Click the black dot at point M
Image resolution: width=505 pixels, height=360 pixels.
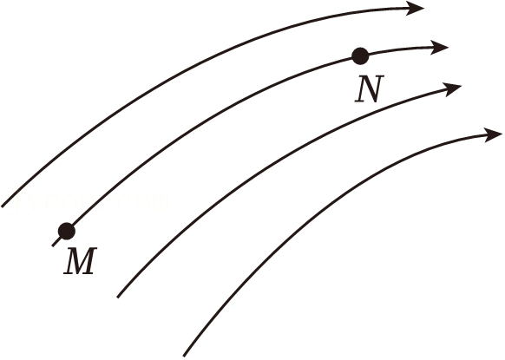[67, 232]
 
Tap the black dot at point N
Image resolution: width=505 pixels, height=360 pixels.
[360, 56]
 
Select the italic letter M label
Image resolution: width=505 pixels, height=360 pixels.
[80, 261]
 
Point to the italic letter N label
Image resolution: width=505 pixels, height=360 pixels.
[369, 89]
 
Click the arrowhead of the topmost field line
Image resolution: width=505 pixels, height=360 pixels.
[415, 8]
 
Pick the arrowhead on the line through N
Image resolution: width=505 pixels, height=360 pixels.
[439, 48]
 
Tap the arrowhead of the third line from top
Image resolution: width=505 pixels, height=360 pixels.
[452, 88]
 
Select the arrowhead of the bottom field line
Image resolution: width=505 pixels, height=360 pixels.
[493, 134]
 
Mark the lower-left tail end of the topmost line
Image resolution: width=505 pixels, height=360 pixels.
[2, 206]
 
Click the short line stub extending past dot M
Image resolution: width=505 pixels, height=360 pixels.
[56, 242]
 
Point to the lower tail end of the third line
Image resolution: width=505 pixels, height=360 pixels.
[117, 297]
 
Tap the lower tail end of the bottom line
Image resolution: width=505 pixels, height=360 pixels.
[184, 356]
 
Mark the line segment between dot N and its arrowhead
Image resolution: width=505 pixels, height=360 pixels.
[399, 50]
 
